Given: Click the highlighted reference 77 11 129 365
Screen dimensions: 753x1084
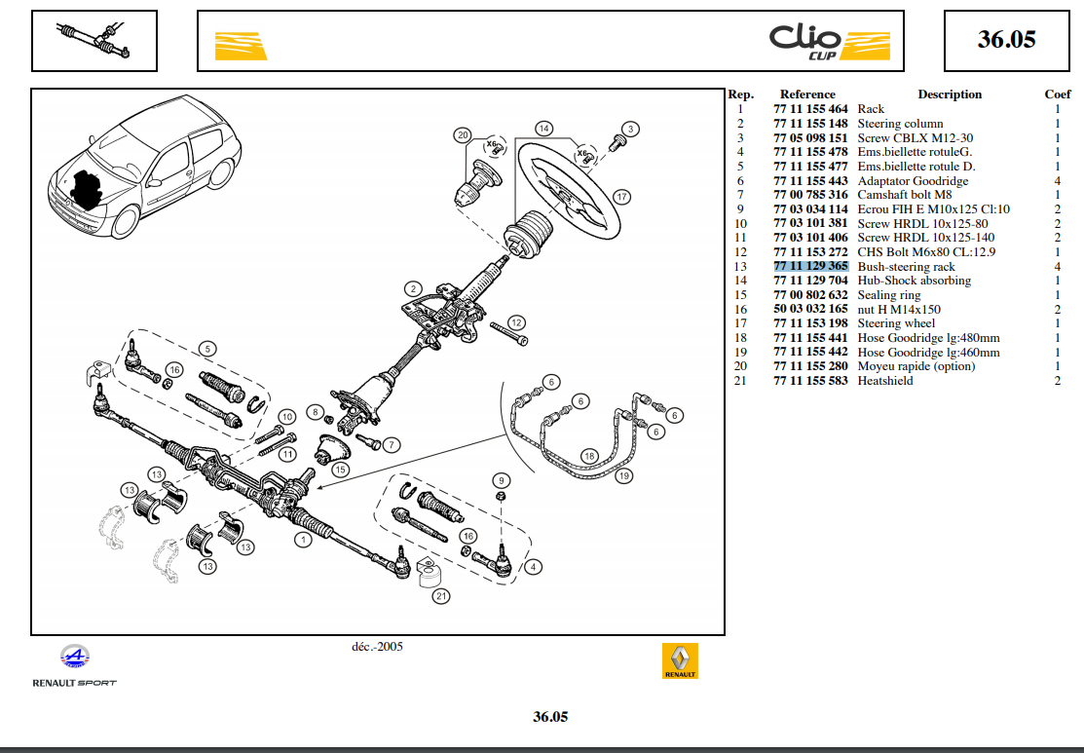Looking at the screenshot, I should point(810,266).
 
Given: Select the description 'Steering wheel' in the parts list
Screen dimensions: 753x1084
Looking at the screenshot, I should point(896,323).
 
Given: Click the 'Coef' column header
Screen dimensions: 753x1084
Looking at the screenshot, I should point(1058,94).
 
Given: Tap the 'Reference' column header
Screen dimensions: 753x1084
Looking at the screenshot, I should point(807,94).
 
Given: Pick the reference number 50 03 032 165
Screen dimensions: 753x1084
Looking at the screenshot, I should point(810,309).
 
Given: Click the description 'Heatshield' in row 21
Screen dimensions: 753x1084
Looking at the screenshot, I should point(884,381).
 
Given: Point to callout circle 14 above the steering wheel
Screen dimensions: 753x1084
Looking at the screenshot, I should point(543,129).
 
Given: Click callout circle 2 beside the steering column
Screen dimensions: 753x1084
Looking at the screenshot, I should point(413,288).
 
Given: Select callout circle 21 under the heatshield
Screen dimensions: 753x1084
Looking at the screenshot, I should point(441,596).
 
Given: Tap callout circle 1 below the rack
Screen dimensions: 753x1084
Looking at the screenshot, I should point(304,540).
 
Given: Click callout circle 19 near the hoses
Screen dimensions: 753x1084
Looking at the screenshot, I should point(623,476).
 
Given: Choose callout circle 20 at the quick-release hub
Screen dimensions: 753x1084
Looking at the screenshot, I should point(463,135).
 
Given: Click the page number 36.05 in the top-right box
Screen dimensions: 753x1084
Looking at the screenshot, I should point(1006,40).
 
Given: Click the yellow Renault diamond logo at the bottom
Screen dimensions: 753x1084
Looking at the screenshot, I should point(680,660).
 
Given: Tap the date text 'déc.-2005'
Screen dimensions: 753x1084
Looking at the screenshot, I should point(377,646).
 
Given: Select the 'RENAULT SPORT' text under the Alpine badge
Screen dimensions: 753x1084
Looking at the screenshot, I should point(74,683).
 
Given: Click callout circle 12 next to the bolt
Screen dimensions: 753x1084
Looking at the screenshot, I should point(515,322).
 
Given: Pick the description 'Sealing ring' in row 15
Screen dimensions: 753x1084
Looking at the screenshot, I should point(888,294).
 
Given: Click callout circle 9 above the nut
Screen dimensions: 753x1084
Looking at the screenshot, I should point(502,480).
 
